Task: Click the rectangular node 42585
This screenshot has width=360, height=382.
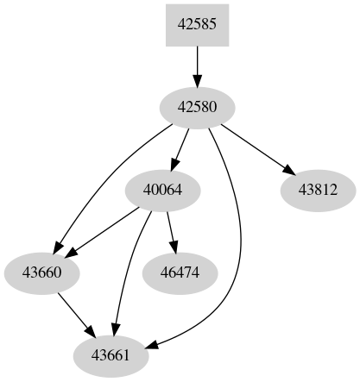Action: [x=197, y=24]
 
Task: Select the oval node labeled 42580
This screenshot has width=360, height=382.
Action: [x=197, y=107]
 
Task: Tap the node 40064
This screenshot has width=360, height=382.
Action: [x=164, y=190]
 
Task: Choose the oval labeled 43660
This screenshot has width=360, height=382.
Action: [x=41, y=272]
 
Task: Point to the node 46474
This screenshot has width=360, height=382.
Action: [x=179, y=272]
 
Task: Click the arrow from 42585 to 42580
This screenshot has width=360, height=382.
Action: [x=197, y=65]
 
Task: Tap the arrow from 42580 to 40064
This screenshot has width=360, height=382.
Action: [x=181, y=147]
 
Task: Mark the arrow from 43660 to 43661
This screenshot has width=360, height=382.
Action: [x=76, y=314]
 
